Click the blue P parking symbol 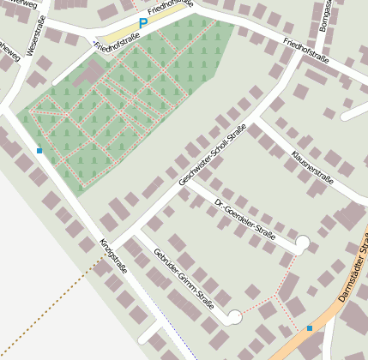pyautogui.click(x=143, y=24)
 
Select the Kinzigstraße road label pyautogui.click(x=113, y=255)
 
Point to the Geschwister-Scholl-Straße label pyautogui.click(x=212, y=155)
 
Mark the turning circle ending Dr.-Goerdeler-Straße pyautogui.click(x=303, y=245)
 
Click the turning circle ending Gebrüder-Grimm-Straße pyautogui.click(x=234, y=317)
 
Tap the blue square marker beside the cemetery pyautogui.click(x=39, y=151)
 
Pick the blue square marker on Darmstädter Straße pyautogui.click(x=310, y=327)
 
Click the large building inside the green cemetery pyautogui.click(x=87, y=75)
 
